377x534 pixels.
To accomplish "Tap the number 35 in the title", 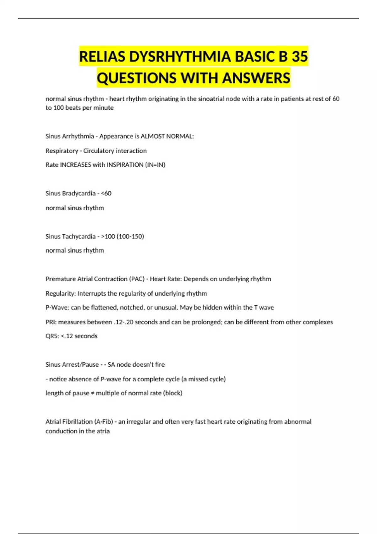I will (x=300, y=57).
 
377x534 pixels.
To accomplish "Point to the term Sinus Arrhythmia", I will (x=70, y=136).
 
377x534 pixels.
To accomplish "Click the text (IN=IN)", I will (x=155, y=165).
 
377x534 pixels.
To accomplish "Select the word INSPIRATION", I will (x=125, y=165).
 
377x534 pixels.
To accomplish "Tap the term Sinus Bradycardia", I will (x=70, y=193).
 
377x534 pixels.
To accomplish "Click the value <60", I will (x=106, y=193).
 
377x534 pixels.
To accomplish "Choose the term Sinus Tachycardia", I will (x=70, y=236).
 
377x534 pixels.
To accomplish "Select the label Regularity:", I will (x=61, y=293).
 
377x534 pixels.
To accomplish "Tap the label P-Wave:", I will (x=57, y=308).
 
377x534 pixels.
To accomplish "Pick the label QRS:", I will (x=52, y=336).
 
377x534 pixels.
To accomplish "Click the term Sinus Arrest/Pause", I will (x=72, y=365).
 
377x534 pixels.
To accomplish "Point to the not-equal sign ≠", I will (x=92, y=393).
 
